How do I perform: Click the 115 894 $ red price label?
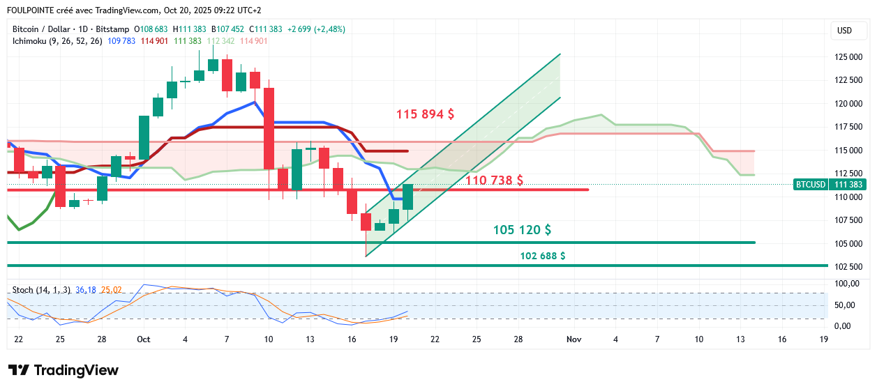point(425,114)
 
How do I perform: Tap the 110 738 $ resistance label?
point(494,181)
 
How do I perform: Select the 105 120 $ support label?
point(522,230)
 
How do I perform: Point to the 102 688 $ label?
point(542,256)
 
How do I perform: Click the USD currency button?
point(844,30)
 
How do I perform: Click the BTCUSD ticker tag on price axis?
point(810,185)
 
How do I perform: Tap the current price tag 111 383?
point(848,185)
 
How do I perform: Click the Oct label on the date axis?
point(144,339)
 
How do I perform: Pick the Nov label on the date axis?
point(574,339)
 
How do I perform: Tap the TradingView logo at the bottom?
point(63,370)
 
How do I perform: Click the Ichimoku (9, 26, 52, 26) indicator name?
point(57,41)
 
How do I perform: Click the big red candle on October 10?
point(269,128)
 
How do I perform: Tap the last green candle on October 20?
point(407,197)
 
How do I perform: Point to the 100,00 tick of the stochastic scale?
point(846,284)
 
